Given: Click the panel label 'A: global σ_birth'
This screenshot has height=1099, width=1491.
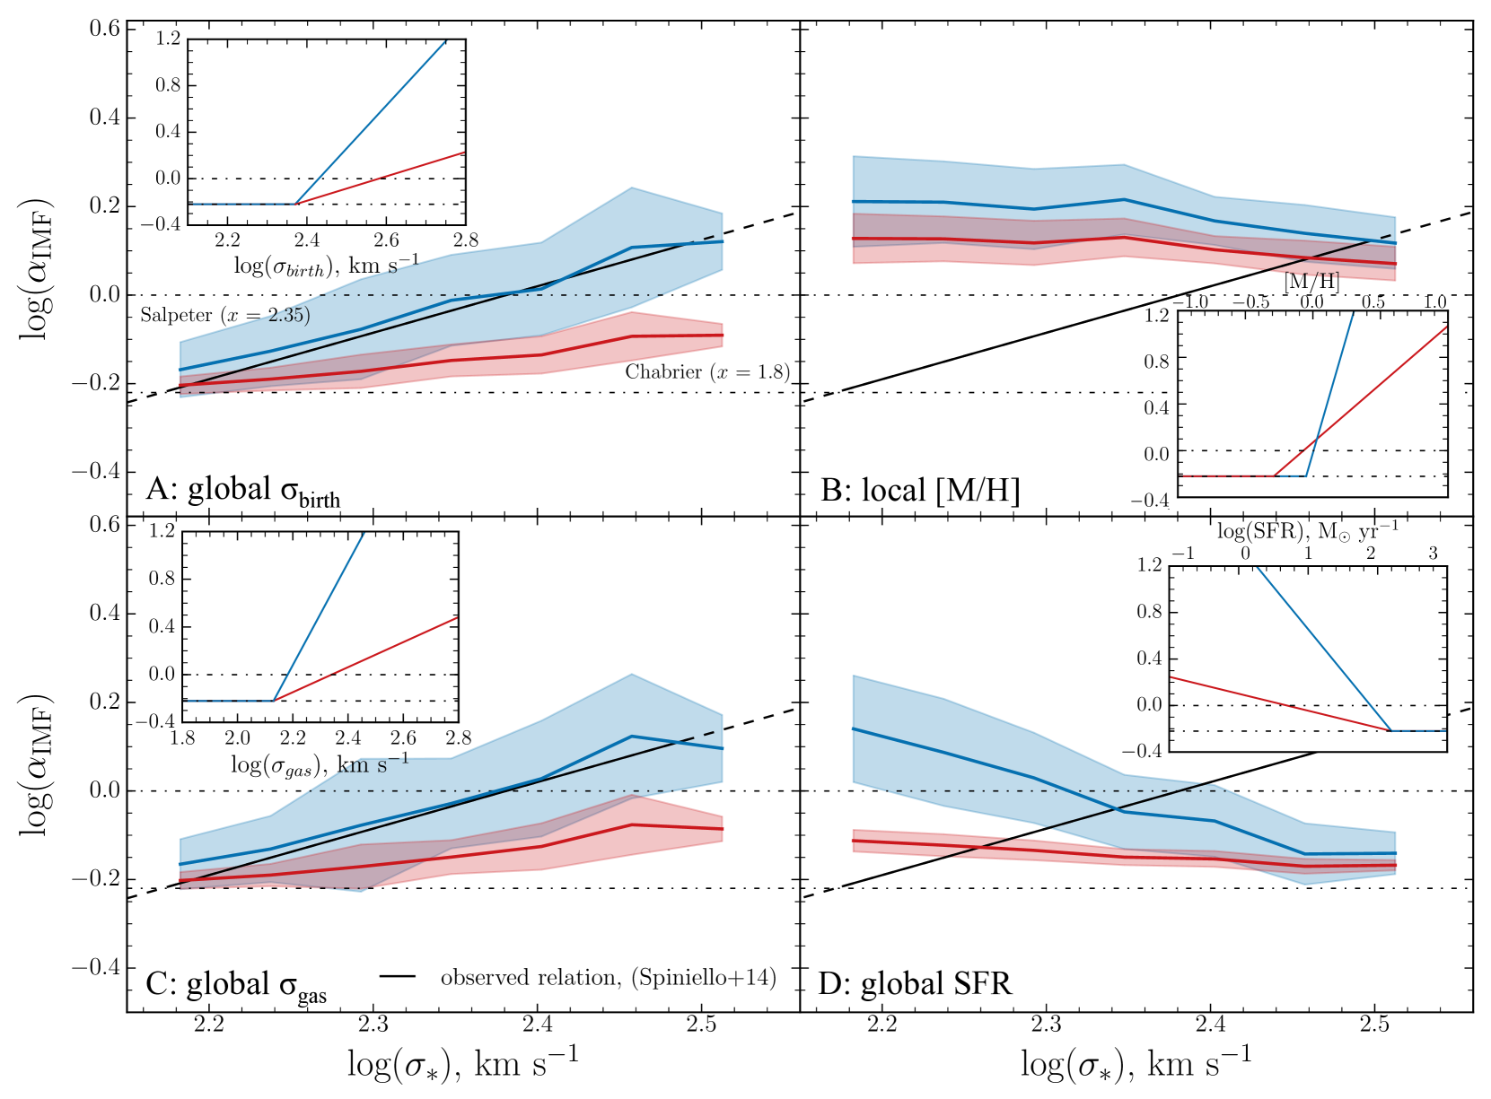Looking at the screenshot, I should pos(243,491).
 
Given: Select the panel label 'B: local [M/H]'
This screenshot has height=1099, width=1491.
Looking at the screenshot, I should pos(920,491).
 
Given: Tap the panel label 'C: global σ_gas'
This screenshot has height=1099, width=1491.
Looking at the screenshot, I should pos(236,986).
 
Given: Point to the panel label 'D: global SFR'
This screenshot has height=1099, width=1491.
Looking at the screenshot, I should pos(915,984).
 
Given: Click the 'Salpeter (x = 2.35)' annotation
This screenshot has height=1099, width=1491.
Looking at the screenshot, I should pos(224,315).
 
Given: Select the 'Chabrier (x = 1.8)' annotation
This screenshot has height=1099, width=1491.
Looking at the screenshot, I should pos(707,372).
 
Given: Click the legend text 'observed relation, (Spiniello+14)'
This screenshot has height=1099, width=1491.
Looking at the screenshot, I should pos(608,977).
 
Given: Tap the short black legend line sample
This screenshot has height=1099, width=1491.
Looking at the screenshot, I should pos(397,976).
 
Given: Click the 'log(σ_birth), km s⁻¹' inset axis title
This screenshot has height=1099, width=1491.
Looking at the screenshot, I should pos(326,266).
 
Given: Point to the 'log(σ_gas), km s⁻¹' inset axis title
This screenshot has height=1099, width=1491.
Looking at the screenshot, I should pos(320,764).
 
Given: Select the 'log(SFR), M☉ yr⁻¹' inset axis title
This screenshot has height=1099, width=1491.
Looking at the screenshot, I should pos(1307,531).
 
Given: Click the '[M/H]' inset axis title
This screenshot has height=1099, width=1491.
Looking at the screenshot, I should pos(1311,282).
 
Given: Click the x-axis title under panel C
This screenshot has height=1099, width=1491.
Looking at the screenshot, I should pos(462,1064).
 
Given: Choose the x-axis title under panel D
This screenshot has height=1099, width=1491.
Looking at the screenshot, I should pos(1136,1064).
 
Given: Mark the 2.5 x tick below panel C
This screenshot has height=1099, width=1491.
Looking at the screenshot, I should pos(701,1024).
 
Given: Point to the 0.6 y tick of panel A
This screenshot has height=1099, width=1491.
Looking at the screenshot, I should pos(104,29).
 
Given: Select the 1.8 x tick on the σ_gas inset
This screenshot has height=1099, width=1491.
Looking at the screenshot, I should pos(182,738).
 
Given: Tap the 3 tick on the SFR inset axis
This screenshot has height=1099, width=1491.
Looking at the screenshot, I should pos(1433,553).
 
